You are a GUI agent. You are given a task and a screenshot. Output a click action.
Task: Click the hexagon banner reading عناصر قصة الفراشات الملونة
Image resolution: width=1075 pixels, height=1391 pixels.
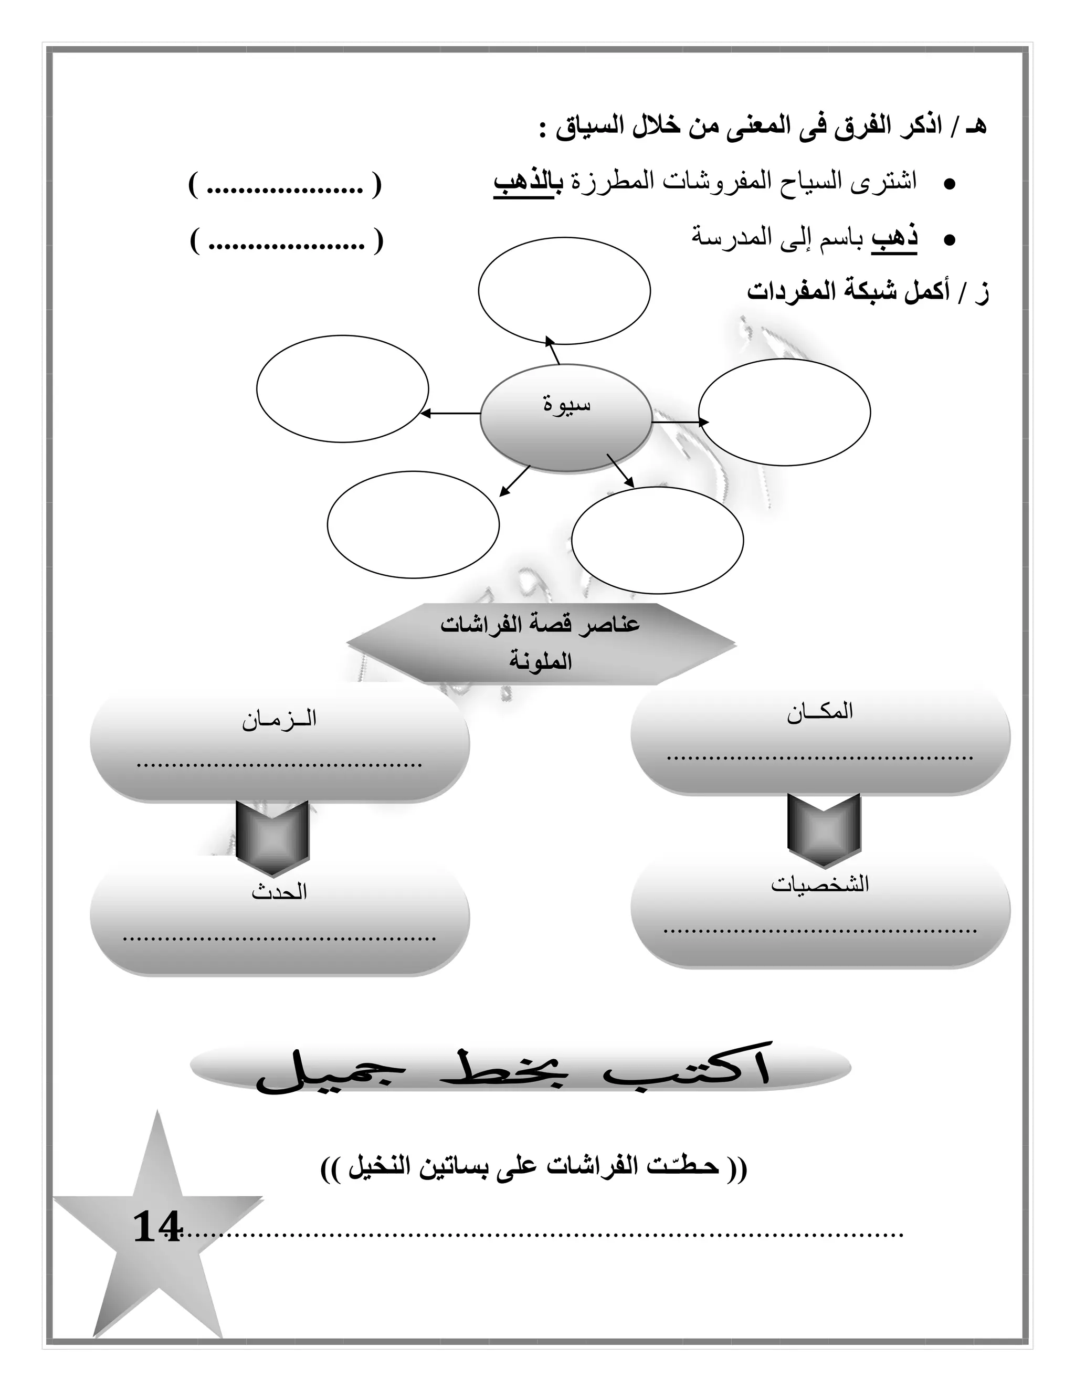click(541, 644)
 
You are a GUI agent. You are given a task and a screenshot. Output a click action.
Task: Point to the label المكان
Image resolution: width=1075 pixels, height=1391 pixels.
click(819, 712)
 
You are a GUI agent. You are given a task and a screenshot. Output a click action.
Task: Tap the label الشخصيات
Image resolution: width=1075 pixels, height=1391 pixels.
click(819, 884)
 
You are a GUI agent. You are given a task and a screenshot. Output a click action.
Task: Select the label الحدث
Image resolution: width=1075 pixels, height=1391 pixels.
click(279, 892)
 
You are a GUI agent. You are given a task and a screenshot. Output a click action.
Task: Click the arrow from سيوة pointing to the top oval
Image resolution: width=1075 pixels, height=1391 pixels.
click(553, 350)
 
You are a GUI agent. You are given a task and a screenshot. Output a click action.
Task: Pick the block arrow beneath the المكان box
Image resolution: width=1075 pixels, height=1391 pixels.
click(824, 830)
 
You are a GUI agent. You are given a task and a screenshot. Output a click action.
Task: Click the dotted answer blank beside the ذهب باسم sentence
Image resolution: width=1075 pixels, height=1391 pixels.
click(287, 241)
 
